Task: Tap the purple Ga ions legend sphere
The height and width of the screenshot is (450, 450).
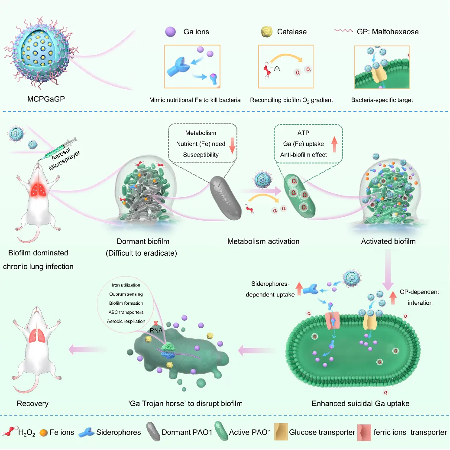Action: tap(170, 32)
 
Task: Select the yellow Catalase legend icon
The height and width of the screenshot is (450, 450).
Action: tap(265, 32)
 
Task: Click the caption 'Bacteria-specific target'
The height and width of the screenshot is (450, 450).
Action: tap(382, 100)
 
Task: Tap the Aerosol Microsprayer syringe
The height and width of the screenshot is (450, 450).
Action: tap(60, 146)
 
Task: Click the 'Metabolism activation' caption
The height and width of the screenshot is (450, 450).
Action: tap(263, 241)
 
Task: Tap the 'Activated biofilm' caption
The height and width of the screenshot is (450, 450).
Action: tap(388, 241)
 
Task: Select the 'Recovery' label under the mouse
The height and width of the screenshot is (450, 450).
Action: tap(32, 403)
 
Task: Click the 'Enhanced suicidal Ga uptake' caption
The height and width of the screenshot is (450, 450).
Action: tap(360, 403)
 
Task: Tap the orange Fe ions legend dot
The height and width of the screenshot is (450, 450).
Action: tap(42, 432)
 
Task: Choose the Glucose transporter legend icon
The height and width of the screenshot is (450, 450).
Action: tap(281, 432)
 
